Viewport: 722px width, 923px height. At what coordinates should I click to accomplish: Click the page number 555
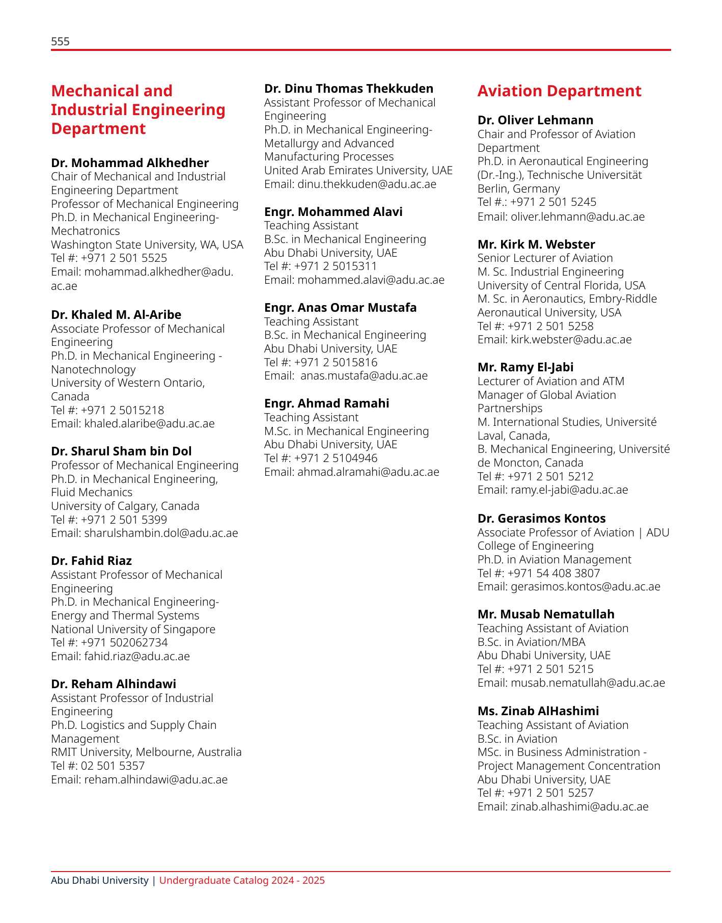coord(60,42)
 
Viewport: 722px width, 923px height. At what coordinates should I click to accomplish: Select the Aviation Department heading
coord(559,91)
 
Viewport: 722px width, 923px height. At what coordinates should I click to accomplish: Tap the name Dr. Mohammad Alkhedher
coord(130,163)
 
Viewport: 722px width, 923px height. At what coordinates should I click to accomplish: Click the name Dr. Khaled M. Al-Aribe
coord(116,315)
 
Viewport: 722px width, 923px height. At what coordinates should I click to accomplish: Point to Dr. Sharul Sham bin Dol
coord(121,451)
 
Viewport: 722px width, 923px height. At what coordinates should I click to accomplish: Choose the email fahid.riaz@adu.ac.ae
coord(136,656)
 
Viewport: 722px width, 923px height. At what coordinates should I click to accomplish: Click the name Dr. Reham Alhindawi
coord(114,684)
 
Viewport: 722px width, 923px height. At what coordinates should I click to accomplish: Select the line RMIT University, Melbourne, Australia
coord(146,752)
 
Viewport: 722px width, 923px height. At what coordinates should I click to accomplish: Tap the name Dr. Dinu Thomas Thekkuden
coord(349,89)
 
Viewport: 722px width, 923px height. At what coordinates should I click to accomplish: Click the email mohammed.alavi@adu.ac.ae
coord(371,280)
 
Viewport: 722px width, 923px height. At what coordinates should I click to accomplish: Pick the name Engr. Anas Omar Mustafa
coord(340,308)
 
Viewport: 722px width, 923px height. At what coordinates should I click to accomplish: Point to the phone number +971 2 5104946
coord(336,458)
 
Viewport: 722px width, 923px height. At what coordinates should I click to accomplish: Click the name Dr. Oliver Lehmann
coord(535,120)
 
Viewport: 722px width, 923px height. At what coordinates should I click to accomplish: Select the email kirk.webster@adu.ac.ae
coord(571,339)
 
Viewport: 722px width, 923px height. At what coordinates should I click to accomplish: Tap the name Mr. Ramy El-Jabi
coord(525,367)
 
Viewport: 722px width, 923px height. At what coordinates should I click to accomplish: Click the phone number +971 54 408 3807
coord(553,573)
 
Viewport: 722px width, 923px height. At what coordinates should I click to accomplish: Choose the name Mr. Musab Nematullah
coord(546,614)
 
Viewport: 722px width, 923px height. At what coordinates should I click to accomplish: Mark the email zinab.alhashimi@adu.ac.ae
coord(579,806)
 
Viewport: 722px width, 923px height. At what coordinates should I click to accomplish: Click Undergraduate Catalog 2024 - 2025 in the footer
coord(242,880)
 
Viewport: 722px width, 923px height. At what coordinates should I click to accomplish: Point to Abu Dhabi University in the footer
coord(100,880)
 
